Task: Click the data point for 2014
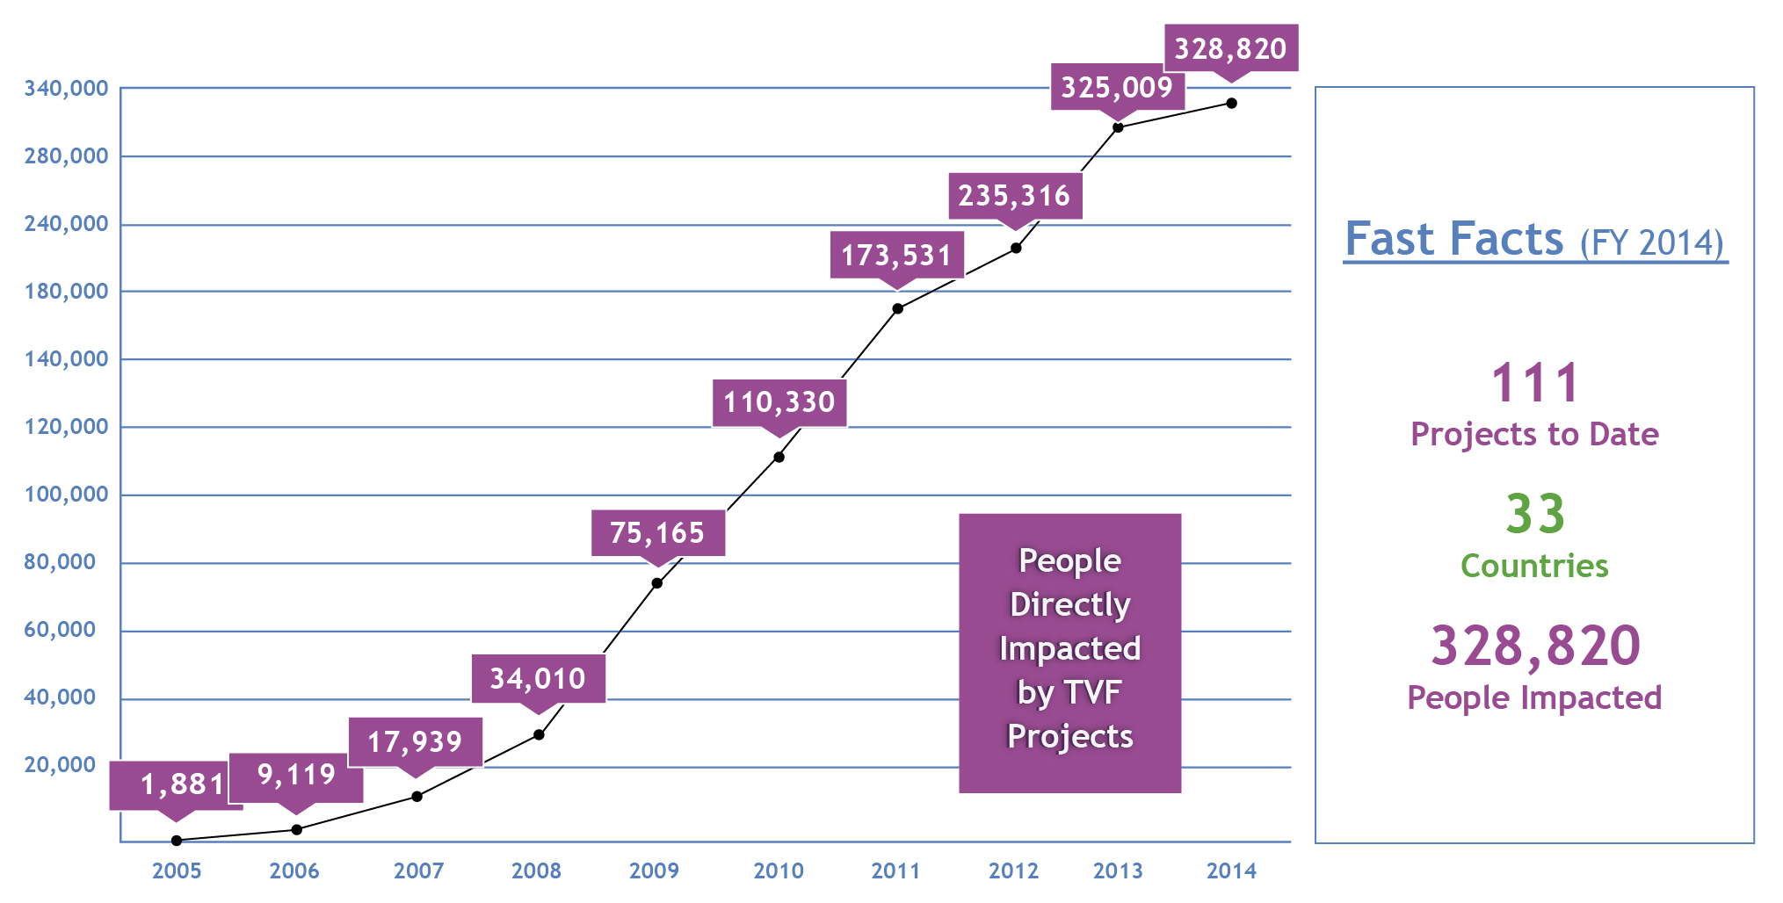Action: [x=1231, y=104]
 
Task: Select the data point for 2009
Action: [x=657, y=583]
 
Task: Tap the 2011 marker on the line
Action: [x=897, y=308]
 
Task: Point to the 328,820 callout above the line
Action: [x=1230, y=48]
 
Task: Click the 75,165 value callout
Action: [x=657, y=532]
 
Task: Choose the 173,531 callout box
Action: [x=896, y=255]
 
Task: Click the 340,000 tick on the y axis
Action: [x=66, y=89]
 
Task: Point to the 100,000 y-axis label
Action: [x=66, y=495]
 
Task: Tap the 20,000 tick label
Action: [x=60, y=765]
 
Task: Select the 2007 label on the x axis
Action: [x=418, y=870]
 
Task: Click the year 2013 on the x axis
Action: [x=1118, y=870]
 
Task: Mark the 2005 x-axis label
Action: [x=177, y=870]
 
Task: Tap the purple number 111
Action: [x=1535, y=384]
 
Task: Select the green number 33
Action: [x=1535, y=514]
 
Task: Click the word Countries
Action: [x=1534, y=567]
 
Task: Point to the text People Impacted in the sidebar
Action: [x=1534, y=698]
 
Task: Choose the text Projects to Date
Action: [x=1534, y=435]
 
